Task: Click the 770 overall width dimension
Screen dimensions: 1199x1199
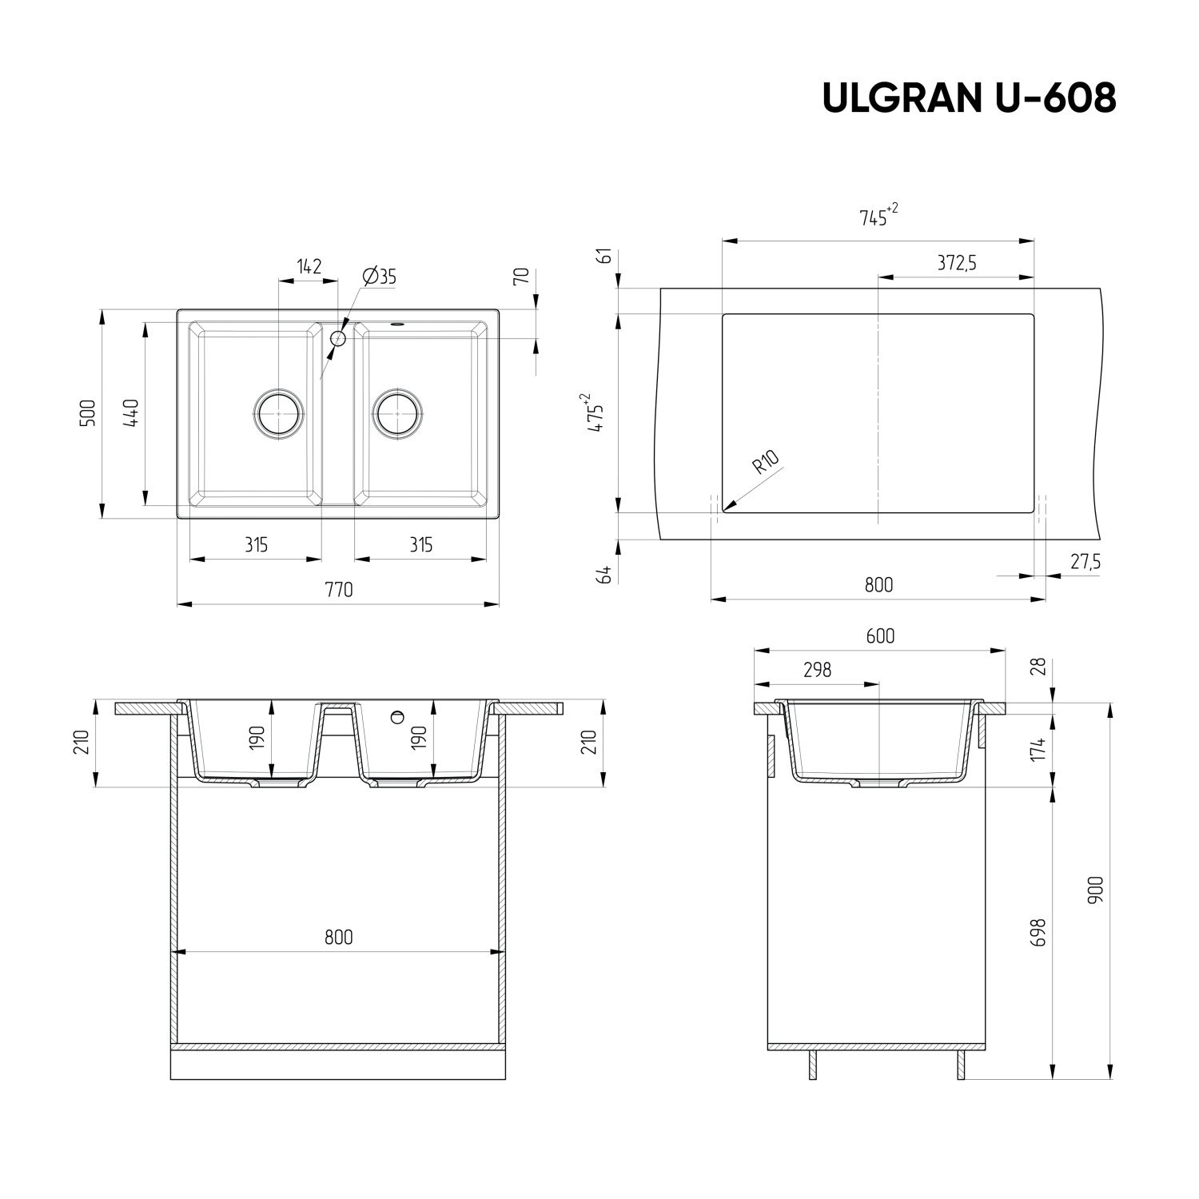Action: (339, 590)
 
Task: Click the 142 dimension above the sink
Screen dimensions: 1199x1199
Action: (309, 266)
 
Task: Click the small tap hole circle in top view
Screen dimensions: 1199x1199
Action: (338, 338)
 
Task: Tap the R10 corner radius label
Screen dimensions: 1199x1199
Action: (765, 463)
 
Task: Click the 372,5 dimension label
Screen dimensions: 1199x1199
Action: (956, 263)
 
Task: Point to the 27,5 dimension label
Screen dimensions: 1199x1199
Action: (1085, 562)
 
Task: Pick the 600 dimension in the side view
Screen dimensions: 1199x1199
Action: (879, 636)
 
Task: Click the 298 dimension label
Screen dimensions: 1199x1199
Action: (817, 670)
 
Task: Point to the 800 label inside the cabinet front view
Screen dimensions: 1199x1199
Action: (339, 937)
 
